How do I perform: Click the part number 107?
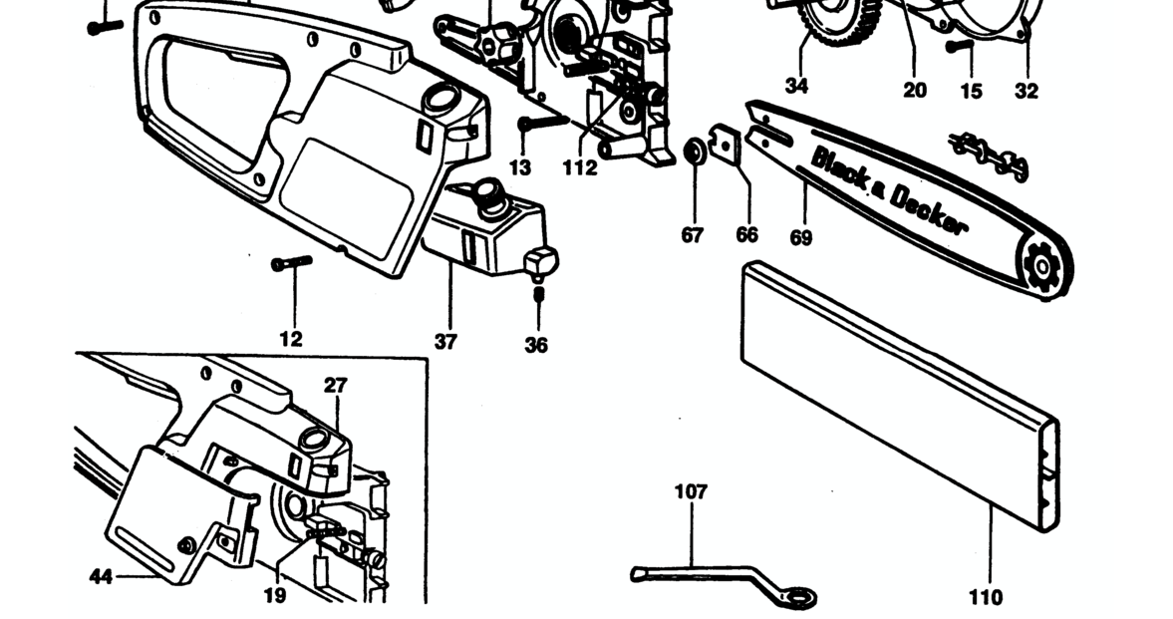pyautogui.click(x=691, y=491)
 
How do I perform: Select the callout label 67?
pyautogui.click(x=693, y=235)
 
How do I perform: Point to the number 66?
pyautogui.click(x=746, y=235)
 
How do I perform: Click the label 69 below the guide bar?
pyautogui.click(x=800, y=237)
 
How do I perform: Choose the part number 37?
pyautogui.click(x=445, y=342)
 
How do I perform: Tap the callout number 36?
pyautogui.click(x=536, y=346)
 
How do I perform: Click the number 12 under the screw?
pyautogui.click(x=291, y=339)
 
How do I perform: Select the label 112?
pyautogui.click(x=579, y=168)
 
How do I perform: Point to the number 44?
pyautogui.click(x=100, y=575)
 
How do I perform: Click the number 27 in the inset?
pyautogui.click(x=335, y=385)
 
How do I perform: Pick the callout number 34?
pyautogui.click(x=796, y=86)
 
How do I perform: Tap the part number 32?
pyautogui.click(x=1026, y=92)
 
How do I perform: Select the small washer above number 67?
pyautogui.click(x=694, y=154)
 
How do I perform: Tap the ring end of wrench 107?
pyautogui.click(x=799, y=596)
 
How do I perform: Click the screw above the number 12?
pyautogui.click(x=291, y=263)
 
